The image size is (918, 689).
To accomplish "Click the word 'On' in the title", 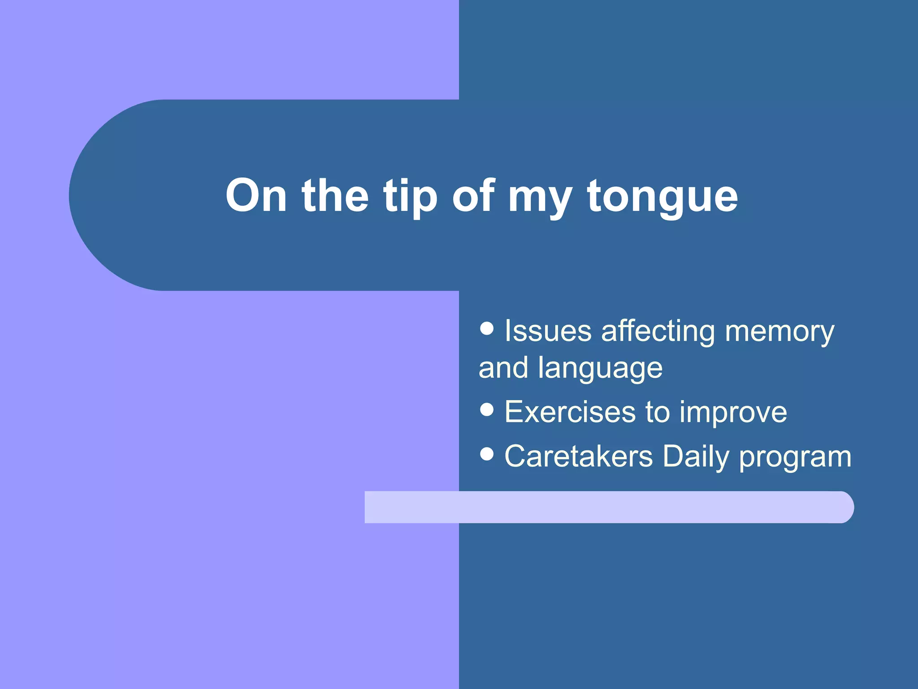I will pos(256,196).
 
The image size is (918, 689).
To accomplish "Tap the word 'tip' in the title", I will pos(410,196).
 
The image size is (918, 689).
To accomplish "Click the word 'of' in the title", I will pos(473,196).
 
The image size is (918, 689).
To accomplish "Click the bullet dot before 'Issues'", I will pos(486,328).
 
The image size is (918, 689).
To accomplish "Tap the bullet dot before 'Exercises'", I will pos(486,409).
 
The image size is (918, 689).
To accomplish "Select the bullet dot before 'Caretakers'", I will pos(486,454).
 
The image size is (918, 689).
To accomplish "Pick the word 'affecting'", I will pos(658,332).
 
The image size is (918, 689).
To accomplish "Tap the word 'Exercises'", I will pos(570,412).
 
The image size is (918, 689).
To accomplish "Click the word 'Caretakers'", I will pos(578,457).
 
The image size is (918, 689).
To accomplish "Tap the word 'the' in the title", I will pos(335,196).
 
